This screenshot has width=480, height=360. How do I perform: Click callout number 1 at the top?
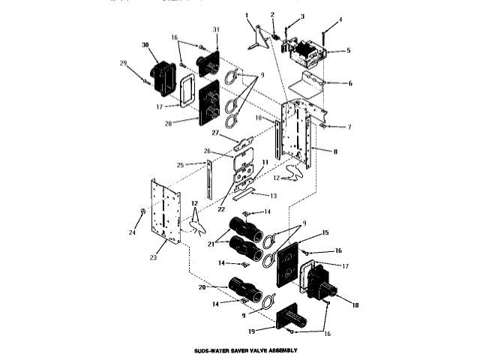[246, 14]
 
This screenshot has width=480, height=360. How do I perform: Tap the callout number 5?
[349, 50]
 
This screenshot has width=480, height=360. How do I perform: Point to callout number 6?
[349, 83]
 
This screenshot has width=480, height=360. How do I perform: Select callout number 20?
[201, 286]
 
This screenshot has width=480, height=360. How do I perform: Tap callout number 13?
[273, 195]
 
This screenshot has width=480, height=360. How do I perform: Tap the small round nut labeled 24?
[142, 212]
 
